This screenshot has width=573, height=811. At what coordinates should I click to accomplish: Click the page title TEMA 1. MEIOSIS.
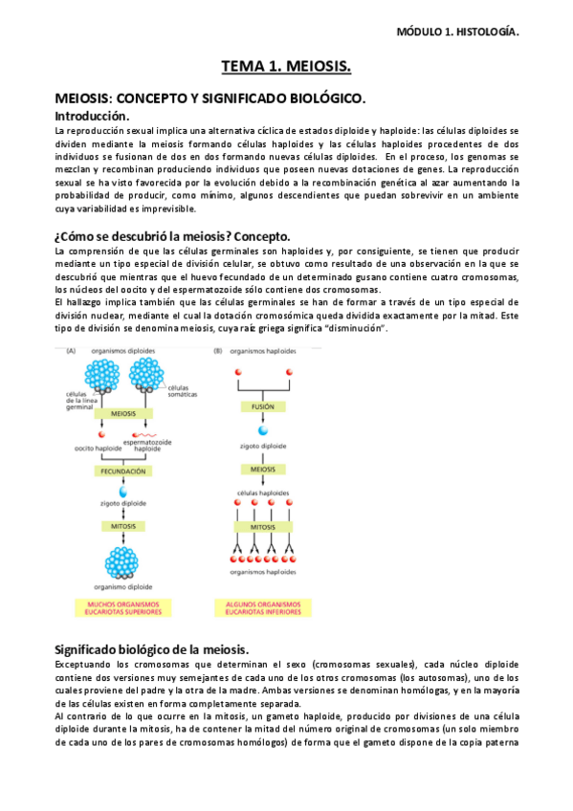coord(286,66)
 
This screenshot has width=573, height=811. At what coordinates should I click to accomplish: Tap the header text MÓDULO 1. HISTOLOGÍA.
coord(457,32)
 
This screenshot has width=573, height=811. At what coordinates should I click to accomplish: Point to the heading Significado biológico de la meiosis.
coord(152,649)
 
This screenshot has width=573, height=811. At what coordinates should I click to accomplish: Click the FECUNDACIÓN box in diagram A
coord(121,471)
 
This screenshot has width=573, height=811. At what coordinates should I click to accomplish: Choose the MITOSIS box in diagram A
coord(121,526)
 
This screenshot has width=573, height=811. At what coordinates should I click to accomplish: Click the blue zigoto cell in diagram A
coord(121,493)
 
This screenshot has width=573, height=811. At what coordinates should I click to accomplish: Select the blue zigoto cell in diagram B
coord(262,431)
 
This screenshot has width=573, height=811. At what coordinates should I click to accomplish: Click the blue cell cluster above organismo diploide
coord(121,562)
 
